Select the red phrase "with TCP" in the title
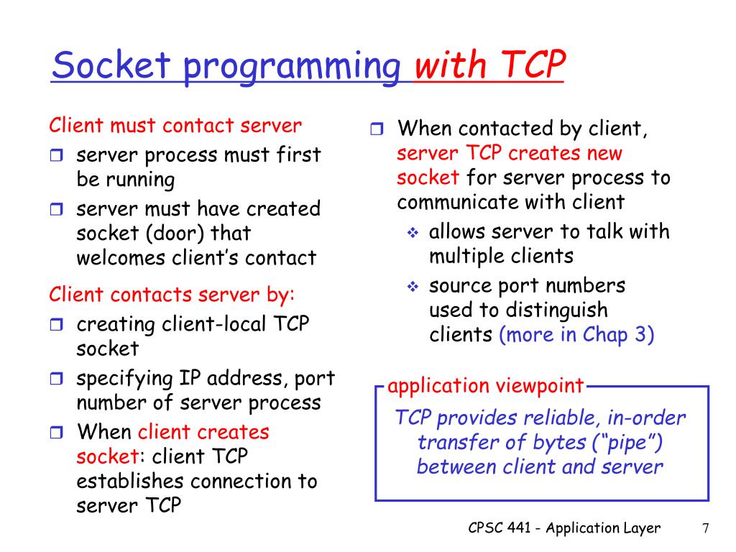tap(489, 67)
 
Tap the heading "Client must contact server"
tap(175, 126)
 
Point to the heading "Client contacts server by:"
tap(172, 295)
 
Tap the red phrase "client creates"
tap(203, 432)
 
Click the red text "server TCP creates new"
tap(510, 153)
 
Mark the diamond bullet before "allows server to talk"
tap(413, 233)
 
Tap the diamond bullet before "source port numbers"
tap(413, 287)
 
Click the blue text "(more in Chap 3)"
tap(576, 335)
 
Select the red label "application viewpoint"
tap(485, 386)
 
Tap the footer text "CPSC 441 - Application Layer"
tap(563, 528)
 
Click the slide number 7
tap(706, 528)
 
